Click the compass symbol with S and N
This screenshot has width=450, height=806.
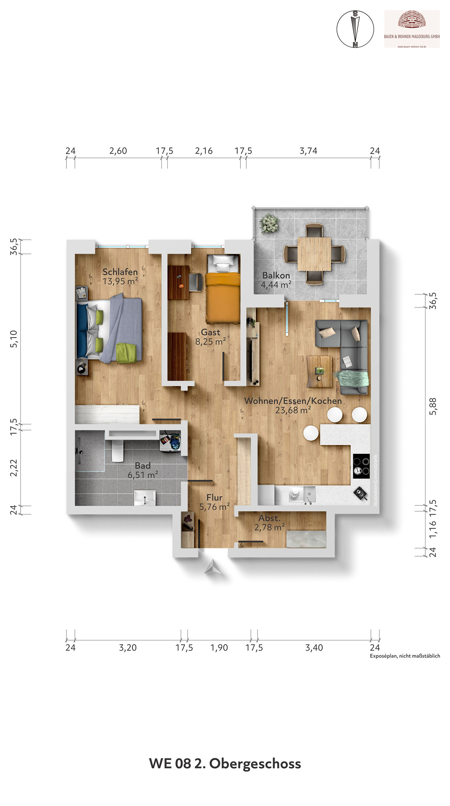tap(355, 29)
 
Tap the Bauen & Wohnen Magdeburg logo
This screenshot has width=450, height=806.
tap(412, 29)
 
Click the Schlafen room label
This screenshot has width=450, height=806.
tap(120, 272)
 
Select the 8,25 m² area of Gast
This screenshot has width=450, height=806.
tap(211, 342)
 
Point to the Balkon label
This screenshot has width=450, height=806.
tap(276, 275)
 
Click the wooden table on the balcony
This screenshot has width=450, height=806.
tap(314, 254)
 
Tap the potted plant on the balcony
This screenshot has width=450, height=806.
tap(269, 223)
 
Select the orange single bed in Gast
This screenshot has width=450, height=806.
tap(223, 289)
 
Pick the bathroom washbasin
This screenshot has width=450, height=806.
tap(145, 498)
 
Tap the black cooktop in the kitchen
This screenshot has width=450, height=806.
tap(361, 466)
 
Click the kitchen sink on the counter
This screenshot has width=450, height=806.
tap(309, 494)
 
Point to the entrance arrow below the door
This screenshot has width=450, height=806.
tap(213, 567)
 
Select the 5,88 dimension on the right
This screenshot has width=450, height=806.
tap(433, 406)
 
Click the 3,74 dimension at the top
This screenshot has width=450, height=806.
tap(308, 151)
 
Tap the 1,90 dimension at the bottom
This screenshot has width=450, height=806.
tap(219, 647)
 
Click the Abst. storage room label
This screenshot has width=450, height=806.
tap(269, 518)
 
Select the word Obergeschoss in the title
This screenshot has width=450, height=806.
tap(255, 764)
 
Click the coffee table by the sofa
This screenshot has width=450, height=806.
tap(319, 372)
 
